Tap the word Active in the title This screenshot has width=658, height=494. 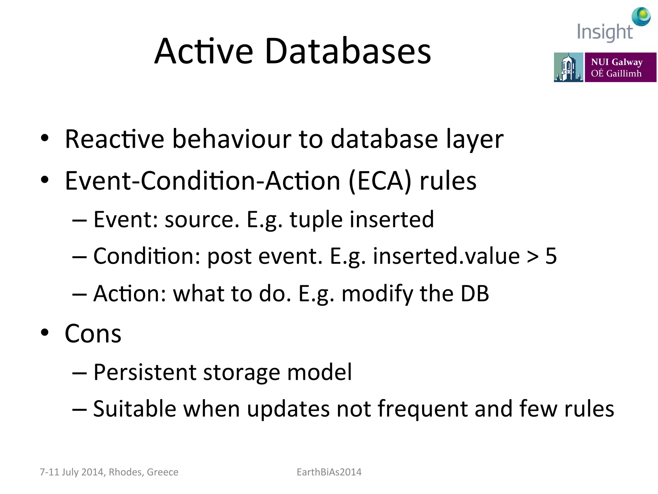(204, 51)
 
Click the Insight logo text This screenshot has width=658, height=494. (604, 32)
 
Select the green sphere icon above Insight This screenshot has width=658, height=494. (641, 16)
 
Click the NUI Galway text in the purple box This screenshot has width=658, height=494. (617, 62)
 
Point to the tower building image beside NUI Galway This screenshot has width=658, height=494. (568, 67)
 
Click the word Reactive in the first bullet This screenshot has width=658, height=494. (114, 139)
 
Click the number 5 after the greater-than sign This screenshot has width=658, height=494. (551, 256)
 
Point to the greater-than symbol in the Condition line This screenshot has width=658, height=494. (532, 257)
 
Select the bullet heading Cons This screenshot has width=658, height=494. (93, 334)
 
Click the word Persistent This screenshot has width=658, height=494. (145, 372)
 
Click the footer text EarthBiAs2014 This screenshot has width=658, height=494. (329, 472)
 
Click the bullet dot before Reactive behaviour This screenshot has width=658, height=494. (45, 138)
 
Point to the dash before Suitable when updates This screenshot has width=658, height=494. (79, 409)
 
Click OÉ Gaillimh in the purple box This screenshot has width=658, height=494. (616, 73)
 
